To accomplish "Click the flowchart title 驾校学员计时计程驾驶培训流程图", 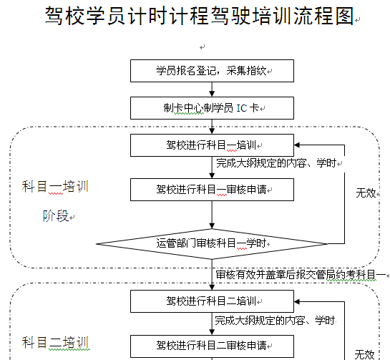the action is click(199, 16).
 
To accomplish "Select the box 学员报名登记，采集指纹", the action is click(212, 71).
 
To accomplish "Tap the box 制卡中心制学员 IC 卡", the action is click(212, 108).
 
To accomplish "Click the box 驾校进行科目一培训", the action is click(212, 145).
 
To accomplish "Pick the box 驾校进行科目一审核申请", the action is click(212, 190).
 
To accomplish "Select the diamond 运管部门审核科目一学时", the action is click(212, 244).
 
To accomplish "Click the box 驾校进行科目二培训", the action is click(212, 301).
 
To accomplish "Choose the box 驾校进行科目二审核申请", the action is click(212, 346).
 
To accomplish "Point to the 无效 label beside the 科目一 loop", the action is click(366, 193).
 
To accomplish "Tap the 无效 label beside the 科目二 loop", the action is click(364, 354).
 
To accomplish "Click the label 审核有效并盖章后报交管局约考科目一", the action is click(301, 275).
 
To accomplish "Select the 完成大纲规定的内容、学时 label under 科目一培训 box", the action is click(276, 163).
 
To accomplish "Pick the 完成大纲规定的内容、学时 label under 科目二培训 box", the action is click(275, 321).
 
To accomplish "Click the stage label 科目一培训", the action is click(55, 187).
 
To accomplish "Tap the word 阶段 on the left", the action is click(56, 215).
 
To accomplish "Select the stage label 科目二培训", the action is click(55, 343).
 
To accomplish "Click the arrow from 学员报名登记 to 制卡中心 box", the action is click(212, 89).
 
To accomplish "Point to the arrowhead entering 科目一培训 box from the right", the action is click(297, 145).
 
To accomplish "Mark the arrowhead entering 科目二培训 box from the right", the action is click(297, 301).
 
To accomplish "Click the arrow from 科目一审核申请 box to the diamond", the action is click(212, 215).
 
